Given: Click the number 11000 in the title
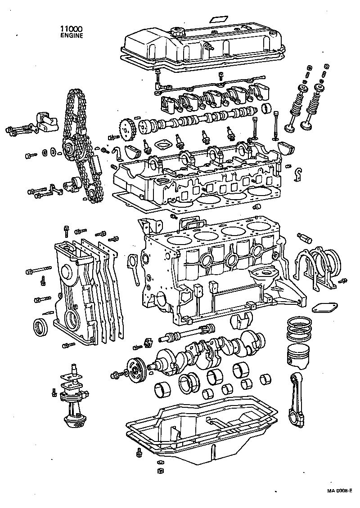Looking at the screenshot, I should coord(71,29).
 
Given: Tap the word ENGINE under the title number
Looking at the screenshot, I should coord(72,36).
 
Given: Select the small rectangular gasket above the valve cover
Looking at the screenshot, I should coord(218,20).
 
